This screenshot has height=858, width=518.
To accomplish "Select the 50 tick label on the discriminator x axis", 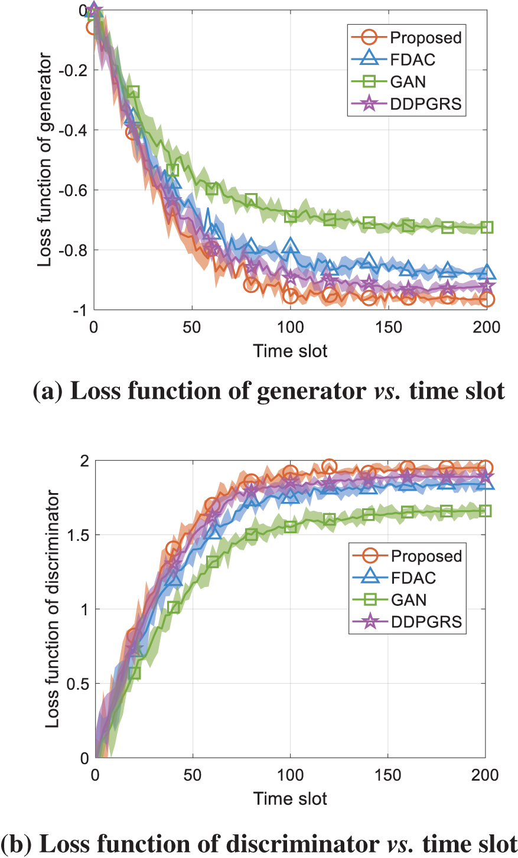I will point(193,775).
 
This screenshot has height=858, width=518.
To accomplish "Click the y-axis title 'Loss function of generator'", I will point(45,160).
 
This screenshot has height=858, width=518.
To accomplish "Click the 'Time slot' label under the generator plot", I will point(290,351).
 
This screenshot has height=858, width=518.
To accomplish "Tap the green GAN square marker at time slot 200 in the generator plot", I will point(487,227).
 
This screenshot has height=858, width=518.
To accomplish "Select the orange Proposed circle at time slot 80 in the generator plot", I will point(251,285).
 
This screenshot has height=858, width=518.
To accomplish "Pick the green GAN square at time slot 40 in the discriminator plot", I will point(174,607).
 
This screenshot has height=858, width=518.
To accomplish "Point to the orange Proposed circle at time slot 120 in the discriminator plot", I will point(329,467).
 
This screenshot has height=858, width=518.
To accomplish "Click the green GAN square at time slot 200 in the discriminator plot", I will point(486,511).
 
